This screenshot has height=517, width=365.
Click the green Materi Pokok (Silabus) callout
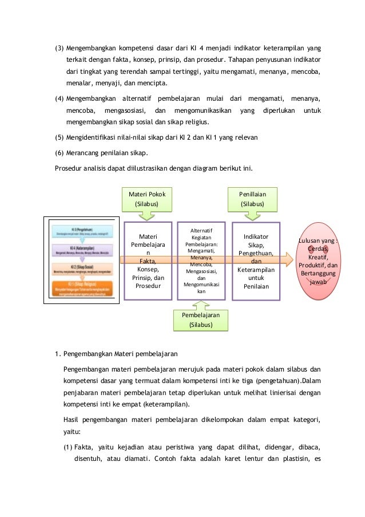147,199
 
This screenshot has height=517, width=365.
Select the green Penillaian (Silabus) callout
252,199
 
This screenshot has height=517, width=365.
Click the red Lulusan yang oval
318,261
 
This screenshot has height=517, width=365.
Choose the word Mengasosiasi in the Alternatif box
201,271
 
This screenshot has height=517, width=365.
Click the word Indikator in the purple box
256,237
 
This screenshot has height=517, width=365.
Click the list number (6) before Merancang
58,152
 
